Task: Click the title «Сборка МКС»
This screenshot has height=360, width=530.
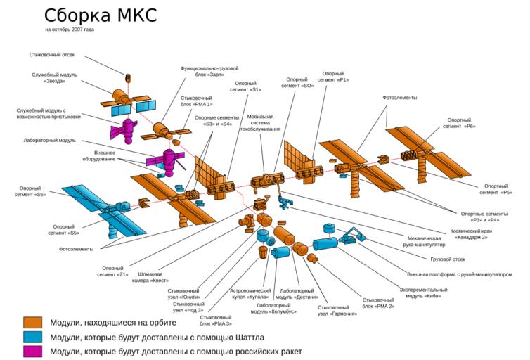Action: pyautogui.click(x=101, y=15)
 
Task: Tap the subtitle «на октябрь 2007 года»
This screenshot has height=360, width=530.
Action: pyautogui.click(x=70, y=30)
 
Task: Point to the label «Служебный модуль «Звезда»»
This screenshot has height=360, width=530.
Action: pyautogui.click(x=54, y=78)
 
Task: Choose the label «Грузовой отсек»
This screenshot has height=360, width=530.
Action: pyautogui.click(x=448, y=259)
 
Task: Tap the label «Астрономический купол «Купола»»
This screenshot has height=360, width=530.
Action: pyautogui.click(x=251, y=294)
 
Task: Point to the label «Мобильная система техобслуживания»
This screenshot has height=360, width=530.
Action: pyautogui.click(x=264, y=123)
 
